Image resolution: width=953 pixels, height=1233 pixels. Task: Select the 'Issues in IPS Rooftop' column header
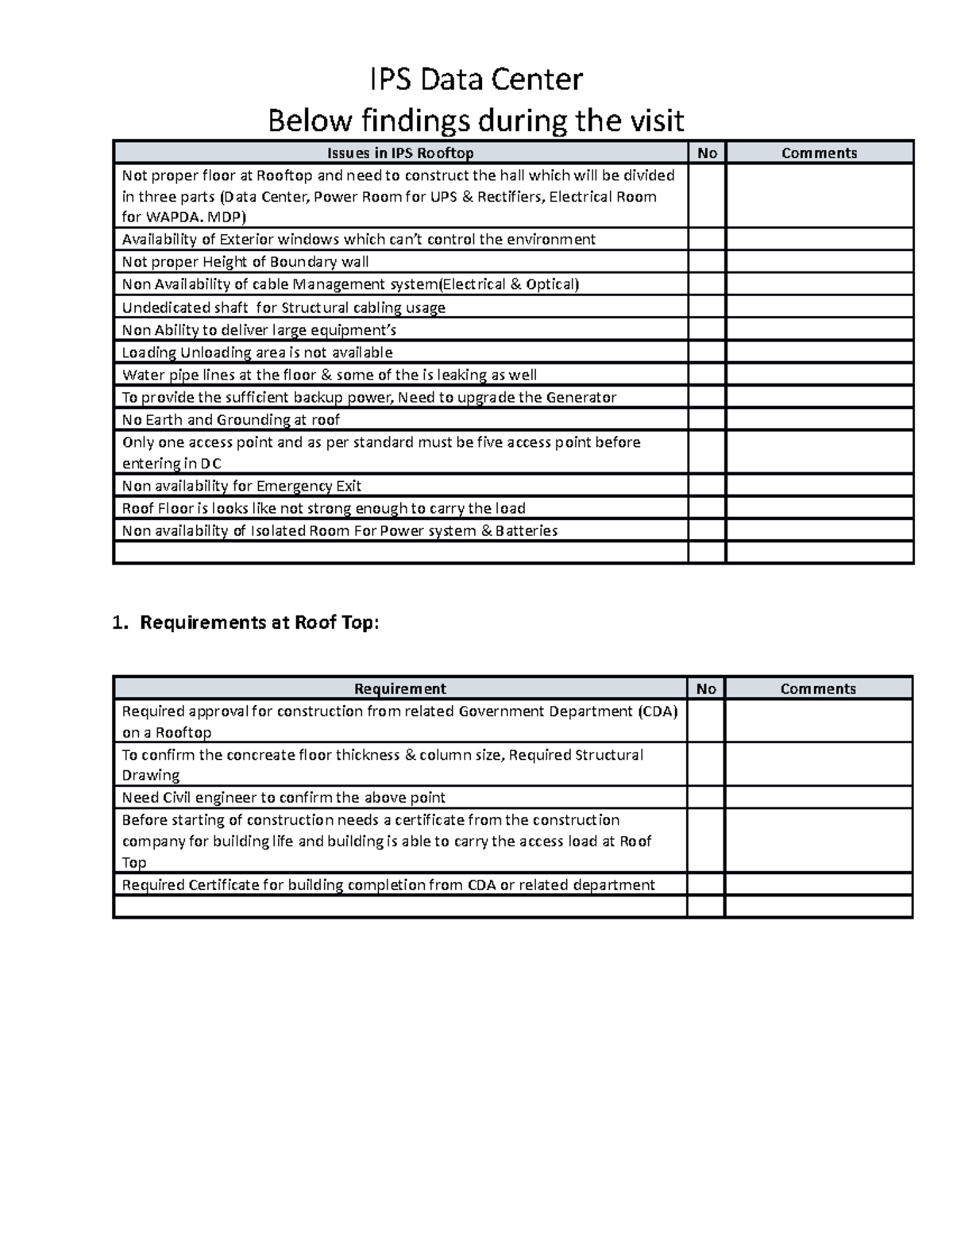tap(400, 153)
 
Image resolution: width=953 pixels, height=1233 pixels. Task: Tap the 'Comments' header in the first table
tap(819, 153)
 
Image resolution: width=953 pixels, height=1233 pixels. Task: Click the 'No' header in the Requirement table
tap(705, 689)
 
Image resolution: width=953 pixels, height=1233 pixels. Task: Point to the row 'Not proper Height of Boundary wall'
tap(245, 262)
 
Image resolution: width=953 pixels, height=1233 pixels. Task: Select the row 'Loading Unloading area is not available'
tap(257, 353)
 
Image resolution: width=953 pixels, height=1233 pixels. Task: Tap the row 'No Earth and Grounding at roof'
tap(230, 420)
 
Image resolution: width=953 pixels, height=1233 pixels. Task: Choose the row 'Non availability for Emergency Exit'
tap(241, 486)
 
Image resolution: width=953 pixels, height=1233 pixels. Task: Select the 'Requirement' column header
tap(399, 689)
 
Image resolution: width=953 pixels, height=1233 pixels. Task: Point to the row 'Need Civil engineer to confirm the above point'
tap(283, 798)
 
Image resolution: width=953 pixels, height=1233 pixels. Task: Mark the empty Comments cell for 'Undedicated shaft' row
tap(819, 307)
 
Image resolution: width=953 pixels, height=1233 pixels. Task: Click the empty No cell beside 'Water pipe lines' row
tap(706, 375)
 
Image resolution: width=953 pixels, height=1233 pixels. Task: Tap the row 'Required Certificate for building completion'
tap(388, 885)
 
